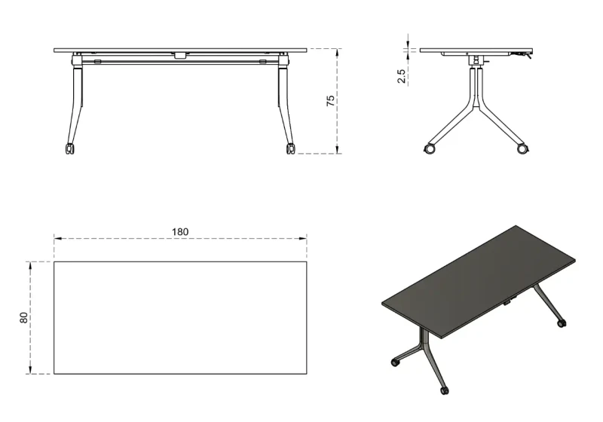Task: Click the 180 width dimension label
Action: (x=180, y=231)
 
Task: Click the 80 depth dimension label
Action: (x=23, y=317)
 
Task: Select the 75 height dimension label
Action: (x=331, y=101)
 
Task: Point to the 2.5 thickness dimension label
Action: (x=401, y=76)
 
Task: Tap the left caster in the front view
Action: (x=69, y=148)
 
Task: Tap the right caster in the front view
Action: (x=290, y=148)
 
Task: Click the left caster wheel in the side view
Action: (x=430, y=149)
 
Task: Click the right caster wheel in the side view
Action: (x=523, y=149)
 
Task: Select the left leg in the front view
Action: (x=76, y=98)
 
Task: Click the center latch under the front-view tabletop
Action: (x=179, y=55)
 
